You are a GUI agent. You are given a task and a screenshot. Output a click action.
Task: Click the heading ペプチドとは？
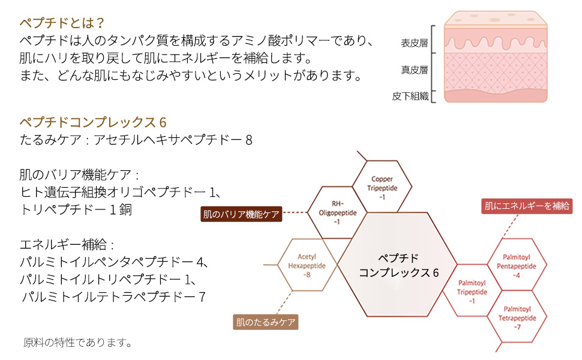pyautogui.click(x=62, y=23)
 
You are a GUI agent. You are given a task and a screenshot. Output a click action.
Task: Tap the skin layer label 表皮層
pyautogui.click(x=414, y=43)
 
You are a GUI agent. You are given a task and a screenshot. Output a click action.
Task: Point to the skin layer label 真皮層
pyautogui.click(x=414, y=70)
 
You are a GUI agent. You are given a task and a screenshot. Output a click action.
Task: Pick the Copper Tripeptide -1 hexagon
pyautogui.click(x=382, y=188)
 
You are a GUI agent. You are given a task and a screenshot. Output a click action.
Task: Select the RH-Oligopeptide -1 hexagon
pyautogui.click(x=337, y=212)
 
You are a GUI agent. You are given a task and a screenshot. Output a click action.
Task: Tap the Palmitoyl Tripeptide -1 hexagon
pyautogui.click(x=472, y=290)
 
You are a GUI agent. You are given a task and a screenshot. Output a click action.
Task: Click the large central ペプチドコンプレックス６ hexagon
pyautogui.click(x=399, y=265)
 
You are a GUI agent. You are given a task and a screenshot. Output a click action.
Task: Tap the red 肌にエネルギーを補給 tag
pyautogui.click(x=527, y=206)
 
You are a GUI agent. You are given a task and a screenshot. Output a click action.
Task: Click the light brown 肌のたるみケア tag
pyautogui.click(x=266, y=322)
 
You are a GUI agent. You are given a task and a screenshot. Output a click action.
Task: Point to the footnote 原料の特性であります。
pyautogui.click(x=78, y=343)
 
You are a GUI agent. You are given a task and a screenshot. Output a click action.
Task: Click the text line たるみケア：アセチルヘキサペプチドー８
pyautogui.click(x=136, y=140)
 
